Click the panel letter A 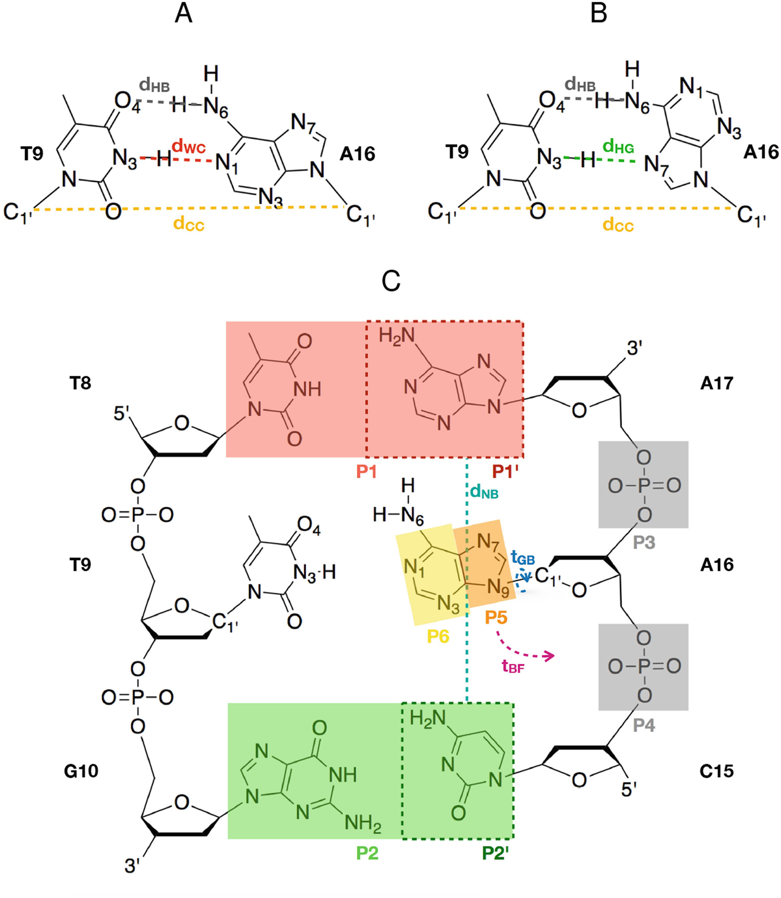tap(183, 14)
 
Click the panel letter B tap(599, 14)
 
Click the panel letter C tap(391, 281)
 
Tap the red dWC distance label tap(188, 147)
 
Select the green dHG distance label tap(618, 147)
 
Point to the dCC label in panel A tap(188, 224)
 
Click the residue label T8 tap(80, 383)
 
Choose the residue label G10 tap(81, 770)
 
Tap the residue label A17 tap(716, 383)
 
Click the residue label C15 tap(716, 770)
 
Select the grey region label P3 tap(644, 542)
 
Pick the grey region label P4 tap(644, 725)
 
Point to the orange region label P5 tap(496, 617)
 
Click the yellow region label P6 tap(438, 636)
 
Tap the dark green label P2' tap(495, 853)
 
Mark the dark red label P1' tap(505, 472)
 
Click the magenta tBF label tap(513, 666)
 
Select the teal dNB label tap(484, 491)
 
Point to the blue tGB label tap(523, 559)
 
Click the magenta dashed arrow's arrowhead tap(549, 656)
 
